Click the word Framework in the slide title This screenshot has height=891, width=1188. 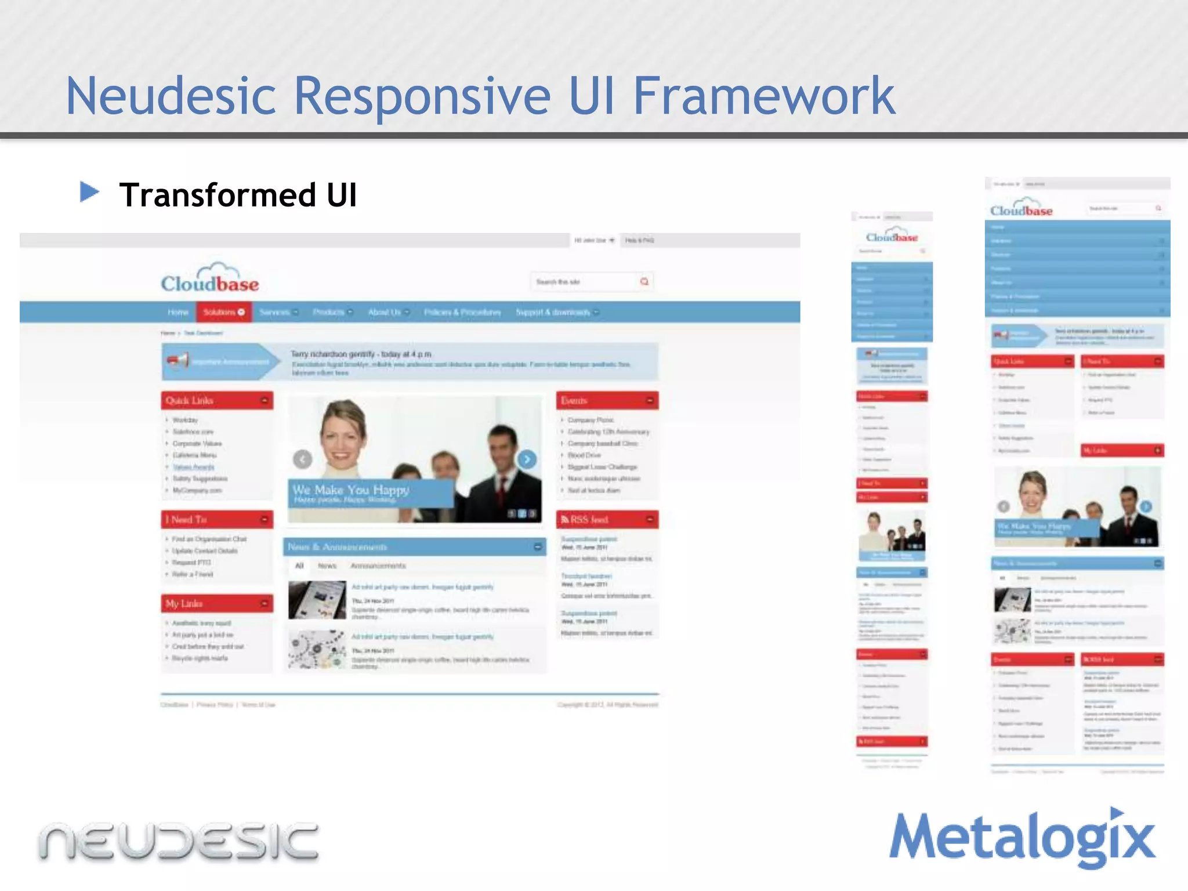tap(763, 96)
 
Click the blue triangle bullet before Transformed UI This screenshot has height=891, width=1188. tap(89, 192)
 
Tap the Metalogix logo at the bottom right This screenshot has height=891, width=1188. tap(1022, 838)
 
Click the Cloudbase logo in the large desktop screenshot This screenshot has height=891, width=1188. tap(210, 280)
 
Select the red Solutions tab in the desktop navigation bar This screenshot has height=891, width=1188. tap(223, 312)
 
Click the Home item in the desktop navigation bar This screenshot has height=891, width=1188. tap(178, 312)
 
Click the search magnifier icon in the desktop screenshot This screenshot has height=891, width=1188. tap(644, 282)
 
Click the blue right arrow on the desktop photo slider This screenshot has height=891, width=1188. tap(527, 459)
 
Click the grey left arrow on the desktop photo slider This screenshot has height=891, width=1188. tap(302, 459)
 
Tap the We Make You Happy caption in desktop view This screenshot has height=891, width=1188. tap(351, 491)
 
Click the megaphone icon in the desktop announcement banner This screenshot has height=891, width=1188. tap(178, 361)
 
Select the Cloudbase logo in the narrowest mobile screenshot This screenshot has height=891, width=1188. tap(892, 237)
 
